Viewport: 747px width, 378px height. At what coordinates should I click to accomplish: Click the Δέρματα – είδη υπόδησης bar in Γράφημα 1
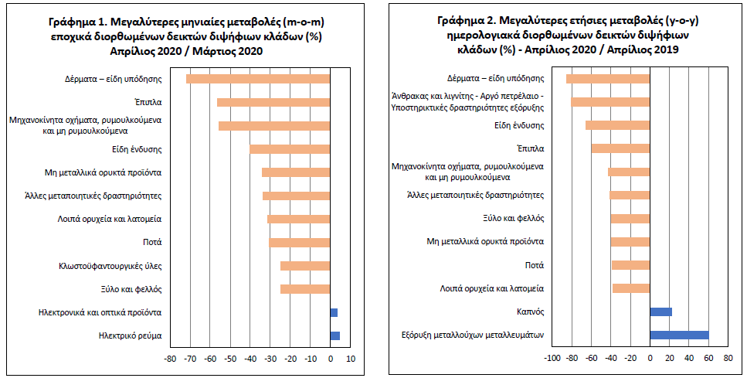pos(258,79)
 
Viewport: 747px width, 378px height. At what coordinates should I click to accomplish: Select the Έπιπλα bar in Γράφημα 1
pos(273,103)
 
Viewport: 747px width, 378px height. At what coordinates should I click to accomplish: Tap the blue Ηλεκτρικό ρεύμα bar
pos(335,336)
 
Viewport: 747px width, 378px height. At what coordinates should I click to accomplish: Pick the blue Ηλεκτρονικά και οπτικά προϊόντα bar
pos(334,313)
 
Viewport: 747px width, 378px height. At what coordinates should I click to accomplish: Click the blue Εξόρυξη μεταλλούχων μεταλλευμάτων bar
pos(679,335)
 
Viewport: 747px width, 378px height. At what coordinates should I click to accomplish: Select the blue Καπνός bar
pos(660,312)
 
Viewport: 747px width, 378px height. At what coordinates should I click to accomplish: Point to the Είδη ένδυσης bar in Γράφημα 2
pos(617,125)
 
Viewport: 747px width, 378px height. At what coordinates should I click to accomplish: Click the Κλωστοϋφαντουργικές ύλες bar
pos(305,266)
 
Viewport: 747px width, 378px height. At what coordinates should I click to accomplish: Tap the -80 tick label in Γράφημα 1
pos(171,359)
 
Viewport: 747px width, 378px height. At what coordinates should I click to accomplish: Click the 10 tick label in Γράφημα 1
pos(351,359)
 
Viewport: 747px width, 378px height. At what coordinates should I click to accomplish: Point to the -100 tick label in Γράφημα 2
pos(552,358)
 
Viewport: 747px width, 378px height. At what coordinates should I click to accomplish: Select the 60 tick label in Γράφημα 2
pos(708,358)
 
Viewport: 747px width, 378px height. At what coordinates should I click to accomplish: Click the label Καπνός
pos(530,312)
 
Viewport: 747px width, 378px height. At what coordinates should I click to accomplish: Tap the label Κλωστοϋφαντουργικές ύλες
pos(110,266)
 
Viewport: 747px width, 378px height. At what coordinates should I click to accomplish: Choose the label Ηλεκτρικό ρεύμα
pos(130,336)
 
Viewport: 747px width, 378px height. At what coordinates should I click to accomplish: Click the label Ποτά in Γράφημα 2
pos(535,265)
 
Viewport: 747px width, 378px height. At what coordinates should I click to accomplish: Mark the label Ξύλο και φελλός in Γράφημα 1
pos(132,289)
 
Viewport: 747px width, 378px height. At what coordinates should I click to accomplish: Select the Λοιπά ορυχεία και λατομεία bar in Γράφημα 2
pos(631,288)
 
